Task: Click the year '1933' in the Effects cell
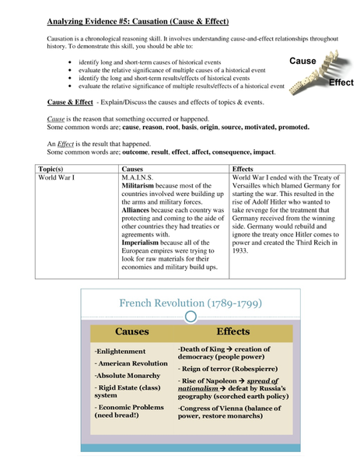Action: point(240,251)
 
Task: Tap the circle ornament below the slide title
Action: point(190,316)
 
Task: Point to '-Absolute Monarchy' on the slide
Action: point(124,375)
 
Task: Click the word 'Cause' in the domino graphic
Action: point(302,61)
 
